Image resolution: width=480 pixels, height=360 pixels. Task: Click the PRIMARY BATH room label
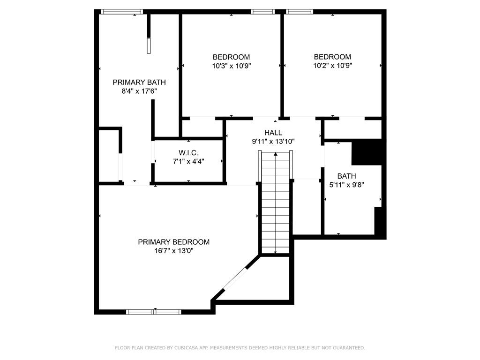pyautogui.click(x=139, y=82)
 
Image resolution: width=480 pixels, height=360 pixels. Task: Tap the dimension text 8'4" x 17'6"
pyautogui.click(x=139, y=91)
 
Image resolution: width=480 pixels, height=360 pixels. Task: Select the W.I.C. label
pyautogui.click(x=188, y=152)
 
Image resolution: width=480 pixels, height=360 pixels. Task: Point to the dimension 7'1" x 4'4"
pyautogui.click(x=188, y=161)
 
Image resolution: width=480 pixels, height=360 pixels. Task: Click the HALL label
pyautogui.click(x=273, y=133)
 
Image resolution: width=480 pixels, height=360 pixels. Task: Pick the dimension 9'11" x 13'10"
pyautogui.click(x=273, y=142)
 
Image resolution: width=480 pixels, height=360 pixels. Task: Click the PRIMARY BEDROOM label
pyautogui.click(x=174, y=242)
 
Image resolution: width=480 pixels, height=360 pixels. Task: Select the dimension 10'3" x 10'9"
pyautogui.click(x=232, y=66)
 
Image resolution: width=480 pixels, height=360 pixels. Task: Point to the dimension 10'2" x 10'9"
pyautogui.click(x=332, y=66)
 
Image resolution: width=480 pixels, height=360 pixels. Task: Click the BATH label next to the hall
pyautogui.click(x=346, y=176)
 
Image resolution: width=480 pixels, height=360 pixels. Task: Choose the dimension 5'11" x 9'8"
pyautogui.click(x=346, y=185)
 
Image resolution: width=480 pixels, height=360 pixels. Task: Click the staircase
pyautogui.click(x=276, y=202)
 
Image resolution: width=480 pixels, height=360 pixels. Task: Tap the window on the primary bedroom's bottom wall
pyautogui.click(x=154, y=312)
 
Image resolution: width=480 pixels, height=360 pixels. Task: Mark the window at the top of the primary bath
pyautogui.click(x=122, y=12)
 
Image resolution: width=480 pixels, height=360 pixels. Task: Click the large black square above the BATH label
pyautogui.click(x=367, y=152)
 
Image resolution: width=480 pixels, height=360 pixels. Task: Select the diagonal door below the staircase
pyautogui.click(x=236, y=278)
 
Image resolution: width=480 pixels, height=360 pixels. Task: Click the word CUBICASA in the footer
pyautogui.click(x=187, y=348)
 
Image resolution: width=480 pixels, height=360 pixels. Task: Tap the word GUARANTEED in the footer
pyautogui.click(x=349, y=348)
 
